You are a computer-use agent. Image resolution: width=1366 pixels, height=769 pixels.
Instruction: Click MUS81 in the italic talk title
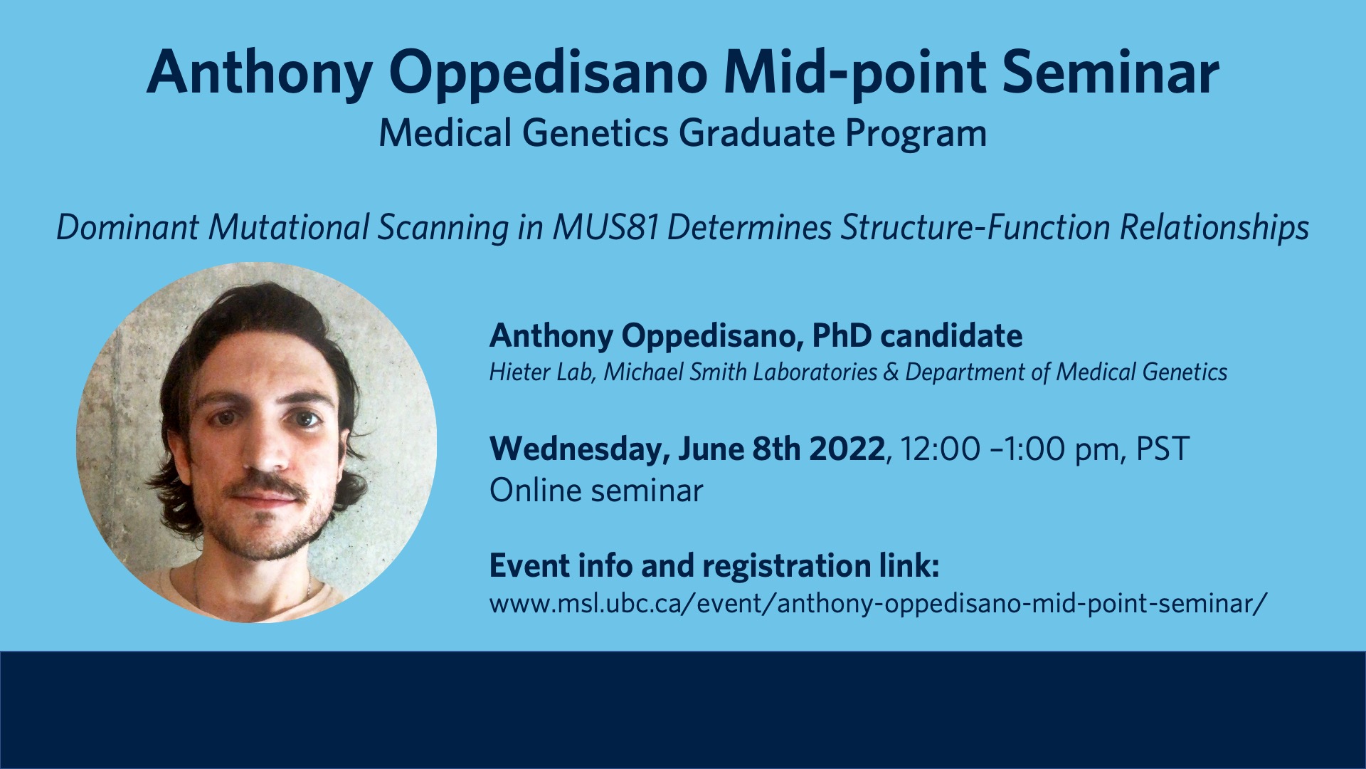(x=605, y=228)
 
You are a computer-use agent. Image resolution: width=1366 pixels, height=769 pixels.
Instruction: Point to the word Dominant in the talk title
(x=128, y=228)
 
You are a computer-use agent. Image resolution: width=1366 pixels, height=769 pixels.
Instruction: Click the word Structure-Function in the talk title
(x=975, y=228)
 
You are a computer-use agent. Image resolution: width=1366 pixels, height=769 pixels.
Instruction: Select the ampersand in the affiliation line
(x=891, y=372)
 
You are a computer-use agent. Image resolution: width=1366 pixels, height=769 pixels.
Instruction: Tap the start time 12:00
(x=940, y=449)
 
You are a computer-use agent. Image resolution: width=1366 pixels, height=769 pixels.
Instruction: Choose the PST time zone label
(x=1163, y=449)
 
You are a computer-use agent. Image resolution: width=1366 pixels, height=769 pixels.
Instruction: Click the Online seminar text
(x=596, y=491)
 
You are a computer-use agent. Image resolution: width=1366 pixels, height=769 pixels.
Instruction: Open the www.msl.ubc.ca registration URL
(x=879, y=604)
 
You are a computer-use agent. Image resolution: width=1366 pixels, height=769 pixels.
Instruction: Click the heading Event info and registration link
(x=714, y=566)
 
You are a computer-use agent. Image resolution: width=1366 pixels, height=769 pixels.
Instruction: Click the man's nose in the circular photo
(x=264, y=449)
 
